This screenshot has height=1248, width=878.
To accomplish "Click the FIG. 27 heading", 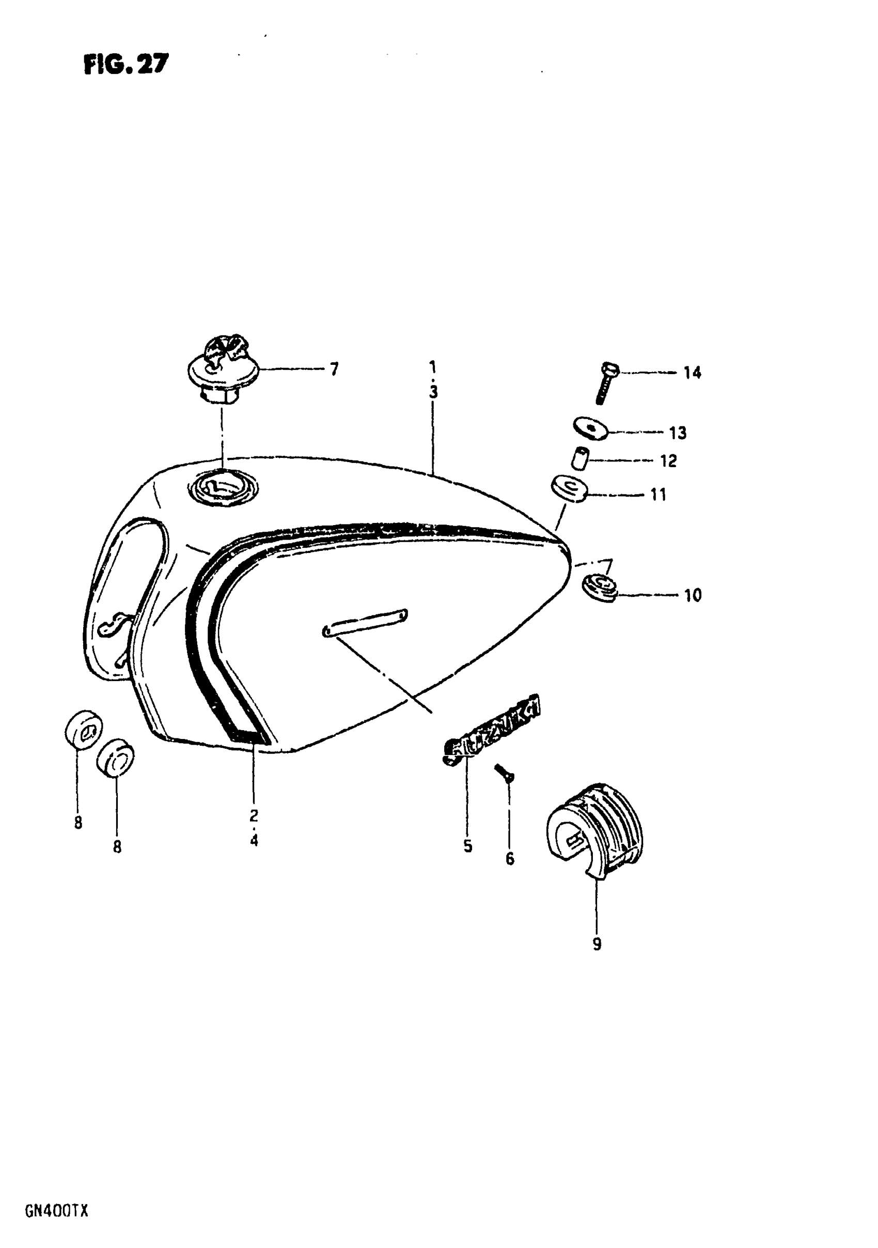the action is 126,65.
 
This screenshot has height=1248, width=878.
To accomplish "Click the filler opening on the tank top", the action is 222,486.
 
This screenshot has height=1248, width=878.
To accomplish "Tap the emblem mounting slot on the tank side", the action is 365,622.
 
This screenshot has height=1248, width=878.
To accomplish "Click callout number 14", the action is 692,373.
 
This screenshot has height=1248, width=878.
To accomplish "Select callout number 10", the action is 692,595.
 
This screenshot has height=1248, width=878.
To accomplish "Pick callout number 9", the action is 597,945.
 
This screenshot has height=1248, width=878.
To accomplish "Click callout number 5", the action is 468,846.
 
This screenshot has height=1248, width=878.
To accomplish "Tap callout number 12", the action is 668,461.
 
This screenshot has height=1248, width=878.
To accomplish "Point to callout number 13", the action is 678,433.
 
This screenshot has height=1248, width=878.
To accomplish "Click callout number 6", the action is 509,859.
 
